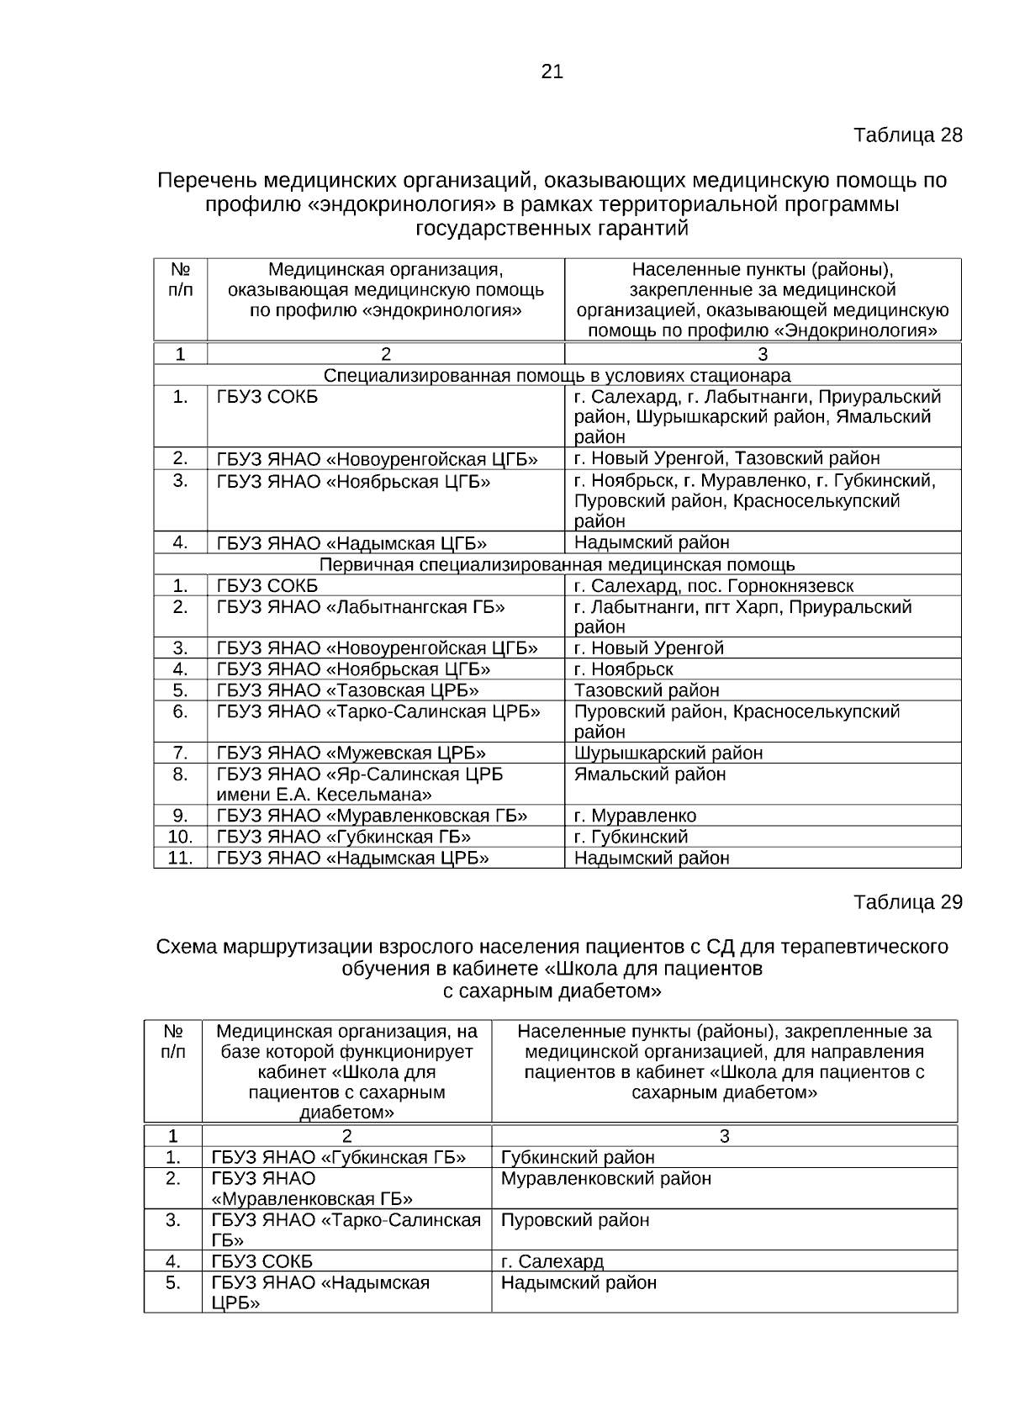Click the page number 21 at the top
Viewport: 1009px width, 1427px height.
point(552,72)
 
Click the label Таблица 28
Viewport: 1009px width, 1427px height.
point(907,135)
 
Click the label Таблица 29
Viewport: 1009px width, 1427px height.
point(907,902)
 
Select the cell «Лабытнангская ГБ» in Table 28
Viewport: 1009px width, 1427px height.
point(361,607)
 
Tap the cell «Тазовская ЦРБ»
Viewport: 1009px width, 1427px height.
point(347,690)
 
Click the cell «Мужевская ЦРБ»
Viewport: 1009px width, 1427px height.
point(351,753)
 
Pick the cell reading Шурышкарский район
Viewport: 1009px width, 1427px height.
point(668,753)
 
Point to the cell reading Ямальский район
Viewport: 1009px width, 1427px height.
point(649,774)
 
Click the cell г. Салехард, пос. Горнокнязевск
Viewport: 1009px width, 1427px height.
point(713,586)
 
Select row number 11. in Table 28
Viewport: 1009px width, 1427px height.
point(180,858)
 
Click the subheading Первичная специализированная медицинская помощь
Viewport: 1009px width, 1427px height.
point(557,564)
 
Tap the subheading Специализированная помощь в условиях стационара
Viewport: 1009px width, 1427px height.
point(557,375)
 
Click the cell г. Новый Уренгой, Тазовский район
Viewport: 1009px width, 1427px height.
point(726,458)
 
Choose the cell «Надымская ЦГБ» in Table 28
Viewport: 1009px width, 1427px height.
point(351,543)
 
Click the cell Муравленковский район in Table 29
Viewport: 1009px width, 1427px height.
point(605,1179)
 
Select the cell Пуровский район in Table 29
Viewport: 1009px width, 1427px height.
point(574,1220)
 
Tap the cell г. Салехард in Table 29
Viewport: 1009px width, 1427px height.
point(552,1261)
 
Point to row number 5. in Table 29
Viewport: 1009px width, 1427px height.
point(172,1283)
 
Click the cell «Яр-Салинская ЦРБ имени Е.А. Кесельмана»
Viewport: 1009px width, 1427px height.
point(359,784)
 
